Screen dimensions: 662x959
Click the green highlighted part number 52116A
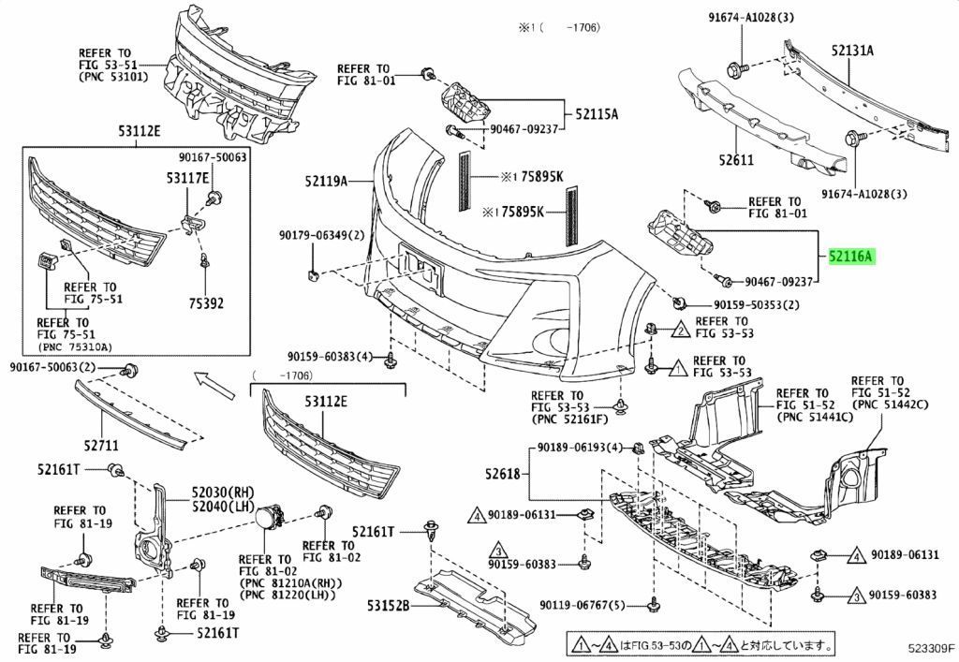pos(850,256)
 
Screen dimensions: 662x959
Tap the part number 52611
pos(736,160)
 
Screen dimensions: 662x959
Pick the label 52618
pos(501,474)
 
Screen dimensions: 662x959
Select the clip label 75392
pos(206,303)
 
